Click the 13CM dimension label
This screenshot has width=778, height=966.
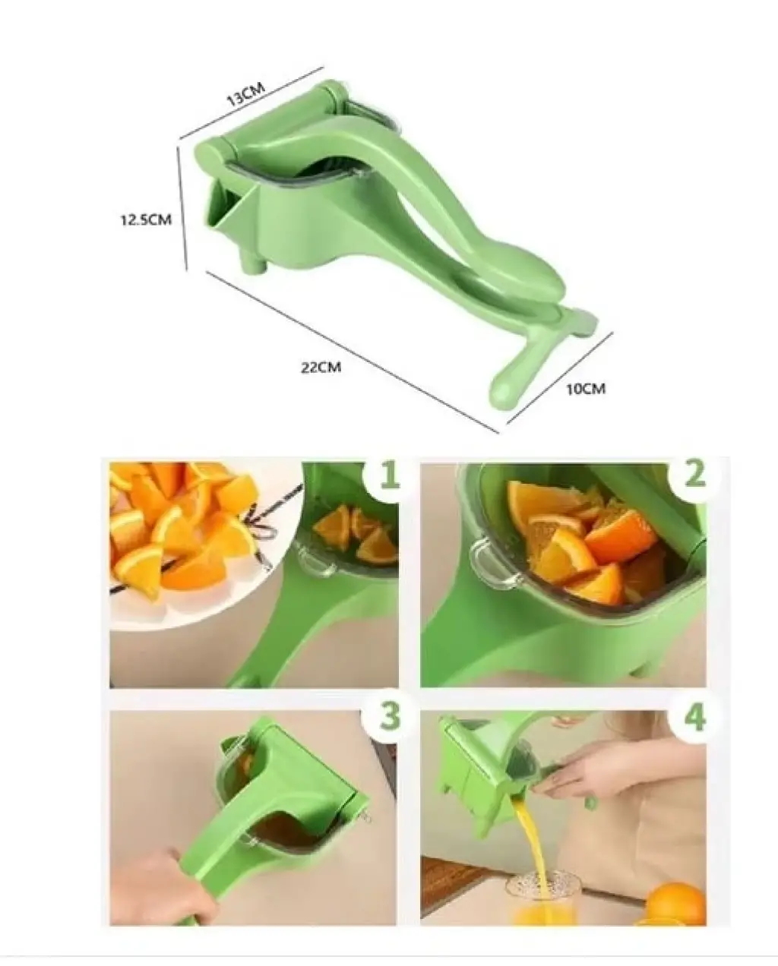point(245,95)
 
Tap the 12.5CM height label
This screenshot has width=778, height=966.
point(147,220)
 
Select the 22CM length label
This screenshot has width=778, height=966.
point(321,368)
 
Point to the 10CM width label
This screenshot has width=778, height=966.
point(586,389)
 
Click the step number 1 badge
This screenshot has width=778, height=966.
point(388,476)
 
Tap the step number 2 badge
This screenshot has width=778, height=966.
point(694,474)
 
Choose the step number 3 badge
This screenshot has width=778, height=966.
point(389,716)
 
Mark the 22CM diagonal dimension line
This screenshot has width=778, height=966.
point(353,352)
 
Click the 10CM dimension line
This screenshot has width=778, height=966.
point(560,378)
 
